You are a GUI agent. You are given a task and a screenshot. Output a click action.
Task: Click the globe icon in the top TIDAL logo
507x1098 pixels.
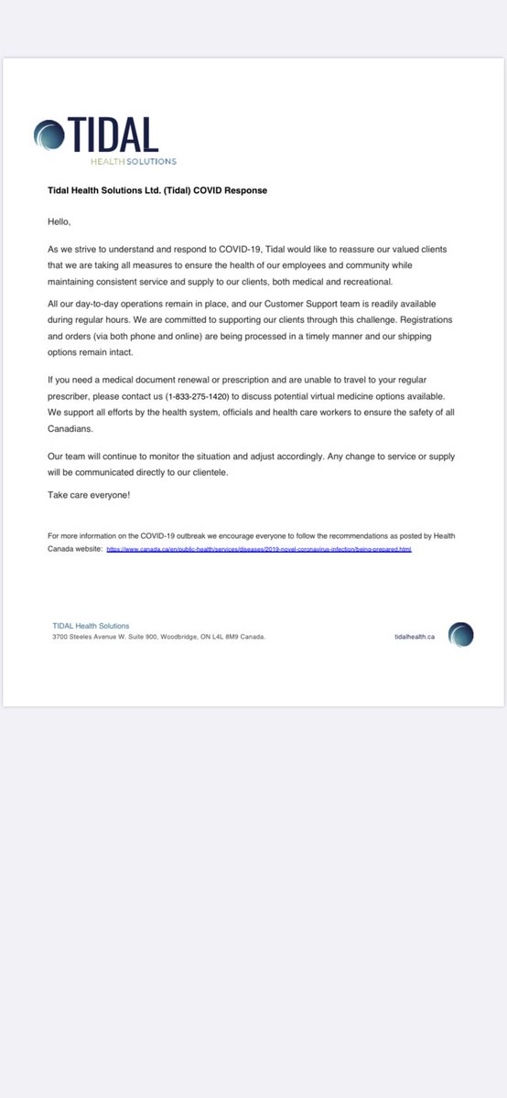[x=49, y=135]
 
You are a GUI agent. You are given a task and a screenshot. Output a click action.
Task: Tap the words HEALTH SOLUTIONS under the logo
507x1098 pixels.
[x=133, y=161]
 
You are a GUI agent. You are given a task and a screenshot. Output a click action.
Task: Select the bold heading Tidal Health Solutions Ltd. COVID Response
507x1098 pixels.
[x=157, y=190]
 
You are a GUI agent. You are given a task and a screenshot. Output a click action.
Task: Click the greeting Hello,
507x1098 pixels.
[x=59, y=221]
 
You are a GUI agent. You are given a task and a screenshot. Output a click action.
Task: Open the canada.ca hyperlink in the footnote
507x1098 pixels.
[x=259, y=550]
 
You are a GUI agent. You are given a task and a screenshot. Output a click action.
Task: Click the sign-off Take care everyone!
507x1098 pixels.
[x=88, y=494]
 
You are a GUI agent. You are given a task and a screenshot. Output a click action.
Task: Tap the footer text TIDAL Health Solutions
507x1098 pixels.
[x=91, y=626]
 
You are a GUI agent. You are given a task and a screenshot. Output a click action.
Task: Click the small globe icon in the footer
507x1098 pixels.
[x=460, y=634]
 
